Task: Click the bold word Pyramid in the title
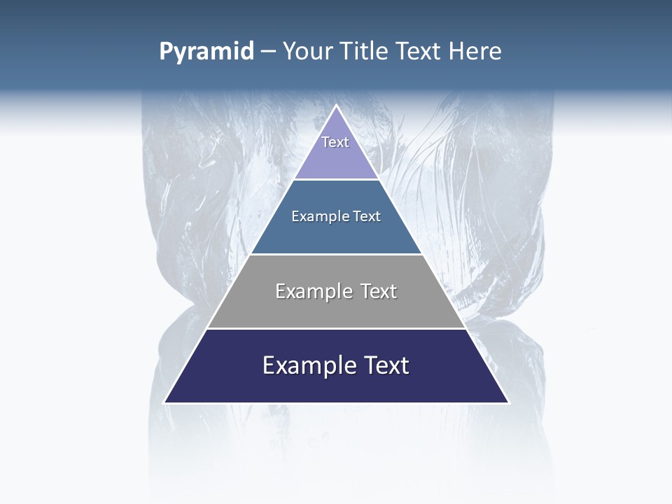tap(206, 52)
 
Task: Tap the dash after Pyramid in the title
tap(267, 52)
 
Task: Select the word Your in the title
tap(305, 52)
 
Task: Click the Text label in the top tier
tap(335, 142)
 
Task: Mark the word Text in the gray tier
tap(379, 292)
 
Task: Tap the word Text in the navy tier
tap(384, 366)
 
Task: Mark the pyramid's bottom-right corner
tap(508, 402)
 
